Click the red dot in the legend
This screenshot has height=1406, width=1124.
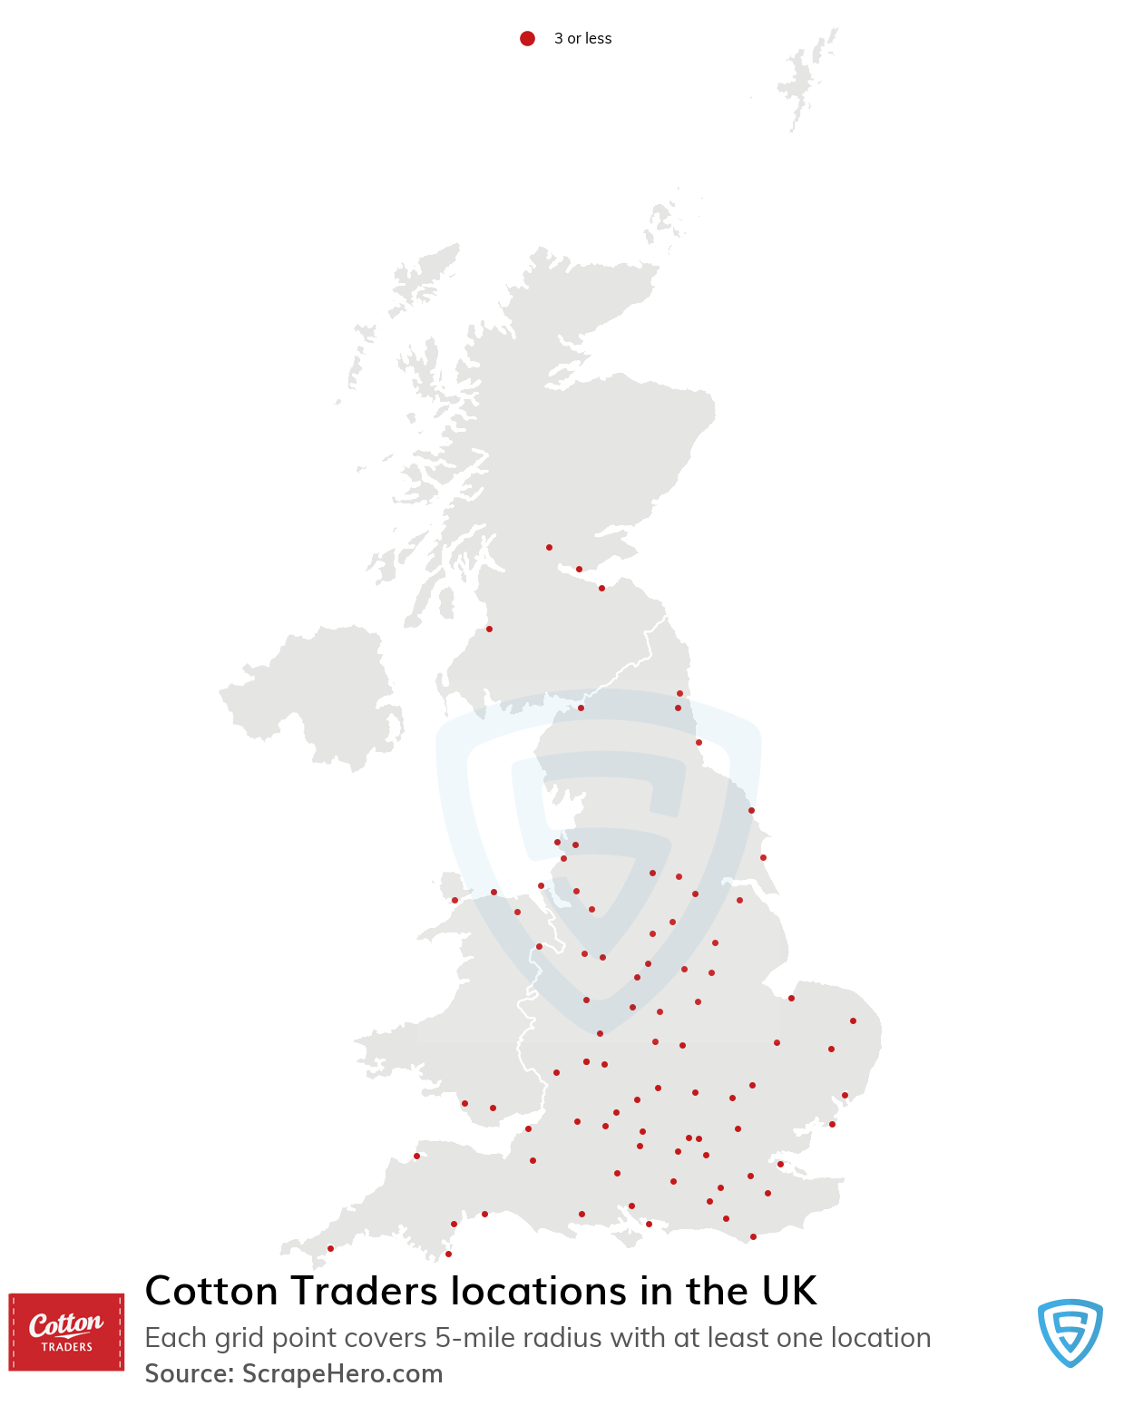pos(527,38)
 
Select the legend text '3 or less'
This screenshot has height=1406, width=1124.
pos(582,38)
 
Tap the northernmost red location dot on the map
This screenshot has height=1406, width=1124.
pos(549,547)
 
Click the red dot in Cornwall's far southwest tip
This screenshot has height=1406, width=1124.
pos(330,1248)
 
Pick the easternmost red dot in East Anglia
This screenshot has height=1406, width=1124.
pos(853,1020)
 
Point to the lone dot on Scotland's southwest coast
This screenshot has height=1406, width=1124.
pos(489,629)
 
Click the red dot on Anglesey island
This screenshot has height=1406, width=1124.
pos(454,900)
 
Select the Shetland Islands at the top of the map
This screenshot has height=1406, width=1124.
pos(803,77)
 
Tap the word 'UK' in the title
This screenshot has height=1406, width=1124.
pos(789,1291)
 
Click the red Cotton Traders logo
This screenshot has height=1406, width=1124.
pos(66,1332)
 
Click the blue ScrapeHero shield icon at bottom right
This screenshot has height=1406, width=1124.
pos(1070,1332)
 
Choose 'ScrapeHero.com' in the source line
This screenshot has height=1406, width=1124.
pos(342,1373)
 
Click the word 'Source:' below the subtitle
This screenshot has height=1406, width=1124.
pos(190,1373)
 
